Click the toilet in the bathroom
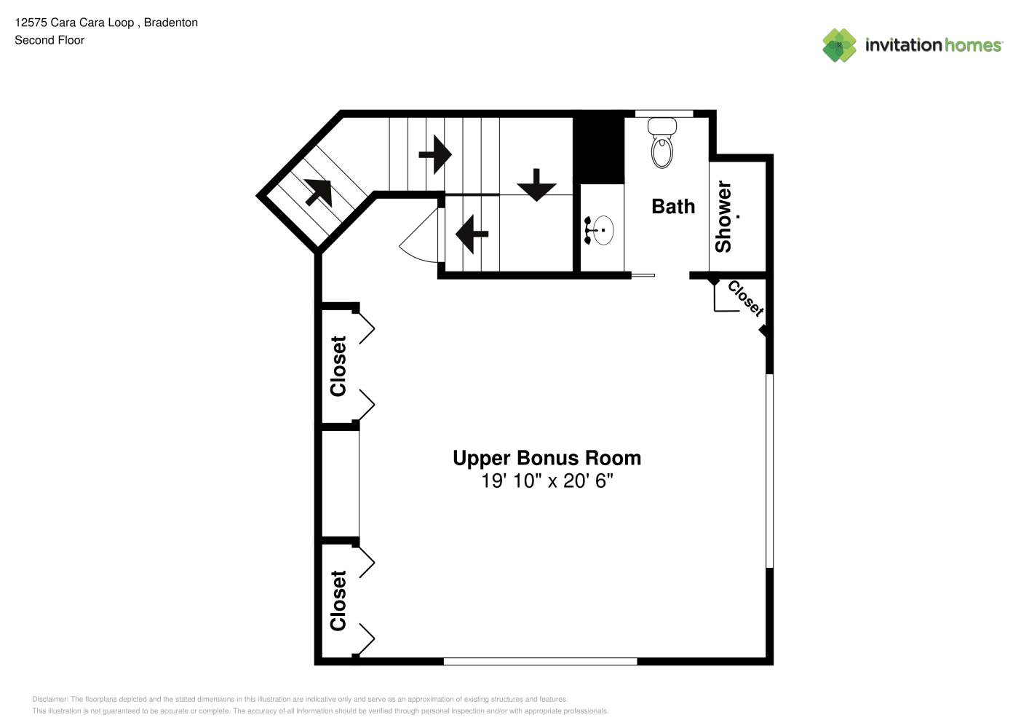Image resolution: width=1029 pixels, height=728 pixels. (662, 143)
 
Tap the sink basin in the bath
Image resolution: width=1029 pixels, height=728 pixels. (603, 230)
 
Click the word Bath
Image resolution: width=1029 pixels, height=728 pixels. (673, 206)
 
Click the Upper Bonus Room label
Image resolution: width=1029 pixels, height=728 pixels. (547, 458)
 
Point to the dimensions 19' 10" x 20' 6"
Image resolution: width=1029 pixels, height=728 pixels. (547, 480)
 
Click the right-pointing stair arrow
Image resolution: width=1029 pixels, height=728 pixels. (435, 154)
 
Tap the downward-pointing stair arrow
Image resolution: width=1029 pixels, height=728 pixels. (536, 185)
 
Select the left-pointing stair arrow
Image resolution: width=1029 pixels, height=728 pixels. (472, 234)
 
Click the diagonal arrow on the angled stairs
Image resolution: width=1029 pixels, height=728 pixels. (318, 192)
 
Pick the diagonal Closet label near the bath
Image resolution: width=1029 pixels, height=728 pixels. (746, 298)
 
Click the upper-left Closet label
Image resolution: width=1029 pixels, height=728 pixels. (338, 366)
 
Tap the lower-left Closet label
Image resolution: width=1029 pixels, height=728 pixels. (338, 601)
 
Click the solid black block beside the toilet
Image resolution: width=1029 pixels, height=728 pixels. (599, 147)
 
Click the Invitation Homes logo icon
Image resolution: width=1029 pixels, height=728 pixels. (839, 45)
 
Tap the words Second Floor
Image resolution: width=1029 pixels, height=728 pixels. (49, 41)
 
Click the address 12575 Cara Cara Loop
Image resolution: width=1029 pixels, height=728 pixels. (74, 23)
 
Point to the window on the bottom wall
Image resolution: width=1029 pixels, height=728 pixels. (540, 661)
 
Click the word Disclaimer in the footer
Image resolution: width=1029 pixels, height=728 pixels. (49, 699)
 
